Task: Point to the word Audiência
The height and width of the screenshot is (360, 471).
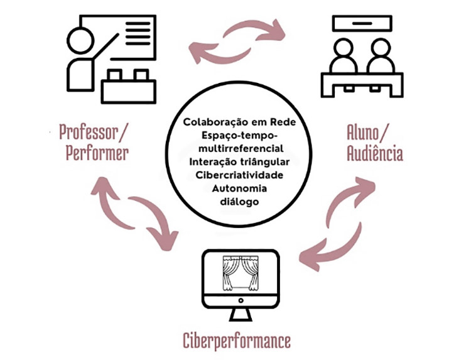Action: click(x=375, y=154)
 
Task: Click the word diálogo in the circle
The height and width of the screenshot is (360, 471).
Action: click(x=235, y=201)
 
